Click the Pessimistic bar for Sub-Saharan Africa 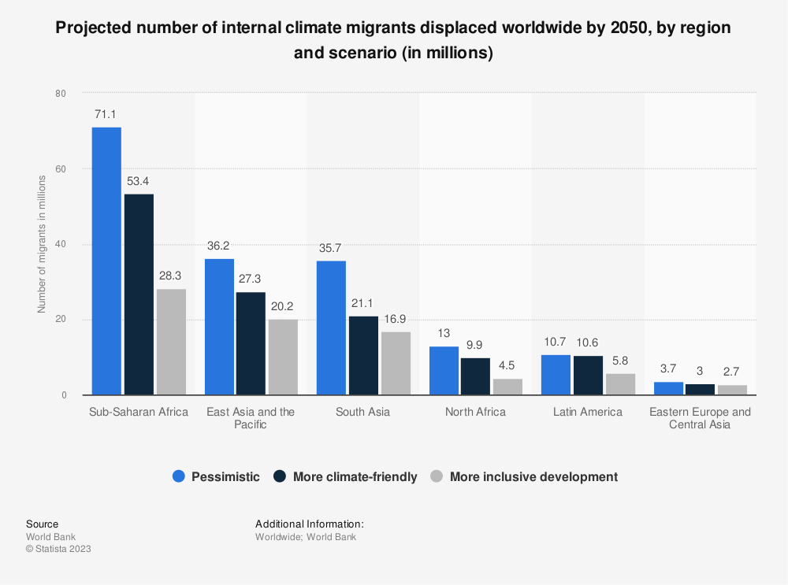point(106,261)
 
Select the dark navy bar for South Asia point(363,355)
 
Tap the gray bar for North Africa point(507,387)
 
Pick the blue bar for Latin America point(556,375)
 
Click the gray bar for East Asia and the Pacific point(283,357)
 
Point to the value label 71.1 point(106,114)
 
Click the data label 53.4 point(139,182)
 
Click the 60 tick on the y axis point(61,168)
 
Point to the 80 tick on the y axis point(61,93)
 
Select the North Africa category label point(475,412)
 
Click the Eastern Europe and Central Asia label point(700,418)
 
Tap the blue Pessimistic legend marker point(178,476)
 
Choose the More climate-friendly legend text point(355,476)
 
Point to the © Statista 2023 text point(58,549)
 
